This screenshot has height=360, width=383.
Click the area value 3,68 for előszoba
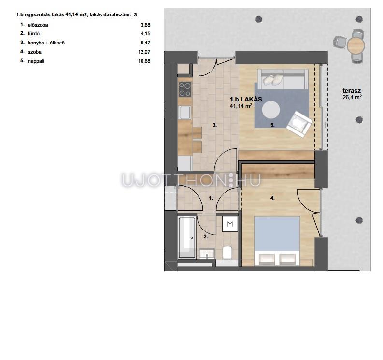point(145,25)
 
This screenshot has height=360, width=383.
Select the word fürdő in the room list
point(34,34)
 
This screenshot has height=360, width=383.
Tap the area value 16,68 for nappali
point(144,61)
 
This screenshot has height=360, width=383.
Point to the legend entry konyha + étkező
point(46,43)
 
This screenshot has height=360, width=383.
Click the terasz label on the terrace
point(352,91)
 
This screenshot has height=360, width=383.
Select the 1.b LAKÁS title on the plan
point(246,99)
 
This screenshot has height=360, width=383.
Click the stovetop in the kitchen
point(185,89)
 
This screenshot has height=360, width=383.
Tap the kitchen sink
point(184,113)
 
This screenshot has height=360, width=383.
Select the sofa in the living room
point(283,79)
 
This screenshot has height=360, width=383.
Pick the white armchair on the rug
point(299,124)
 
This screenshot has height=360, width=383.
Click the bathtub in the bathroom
point(187,238)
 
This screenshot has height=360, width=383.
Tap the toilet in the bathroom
point(227,253)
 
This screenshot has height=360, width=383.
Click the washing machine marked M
point(230,224)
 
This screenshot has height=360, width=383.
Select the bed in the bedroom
point(277,241)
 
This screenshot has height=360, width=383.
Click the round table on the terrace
point(355,45)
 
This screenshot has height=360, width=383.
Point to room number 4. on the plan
point(272,198)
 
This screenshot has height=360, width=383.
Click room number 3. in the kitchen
point(215,125)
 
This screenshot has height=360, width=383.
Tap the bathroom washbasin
point(207,254)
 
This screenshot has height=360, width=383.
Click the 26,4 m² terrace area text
point(352,97)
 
